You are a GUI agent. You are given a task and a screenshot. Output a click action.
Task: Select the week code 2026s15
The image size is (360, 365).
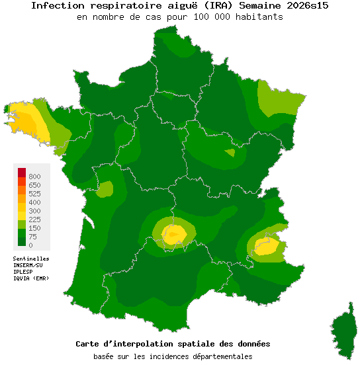(x=304, y=6)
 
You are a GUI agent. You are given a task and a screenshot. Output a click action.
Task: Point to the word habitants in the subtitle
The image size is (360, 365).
(x=259, y=17)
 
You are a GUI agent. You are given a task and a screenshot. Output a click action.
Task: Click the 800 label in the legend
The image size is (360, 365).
(x=34, y=177)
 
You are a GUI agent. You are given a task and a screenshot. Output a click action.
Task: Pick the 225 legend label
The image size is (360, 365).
(x=34, y=220)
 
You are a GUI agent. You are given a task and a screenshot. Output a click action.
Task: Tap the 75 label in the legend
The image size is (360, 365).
(x=32, y=237)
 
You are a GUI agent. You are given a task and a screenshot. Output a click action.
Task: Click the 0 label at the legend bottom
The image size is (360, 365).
(x=30, y=245)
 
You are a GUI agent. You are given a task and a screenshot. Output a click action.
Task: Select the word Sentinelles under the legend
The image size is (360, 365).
(x=31, y=259)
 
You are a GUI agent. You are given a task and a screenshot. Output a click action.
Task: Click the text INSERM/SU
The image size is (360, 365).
(x=28, y=265)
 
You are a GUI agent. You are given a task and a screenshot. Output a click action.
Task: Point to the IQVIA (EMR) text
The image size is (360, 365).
(x=31, y=278)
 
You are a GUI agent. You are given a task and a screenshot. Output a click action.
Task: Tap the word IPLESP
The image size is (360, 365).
(x=23, y=272)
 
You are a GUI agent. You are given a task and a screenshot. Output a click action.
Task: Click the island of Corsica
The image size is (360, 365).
(x=343, y=331)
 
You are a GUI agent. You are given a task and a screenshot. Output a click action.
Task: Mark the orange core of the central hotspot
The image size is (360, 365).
(x=174, y=233)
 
